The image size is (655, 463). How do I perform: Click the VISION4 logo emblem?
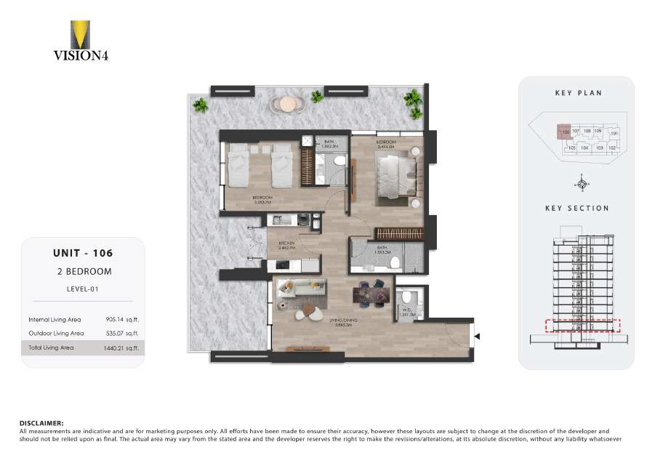80,34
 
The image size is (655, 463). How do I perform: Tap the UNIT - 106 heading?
82,254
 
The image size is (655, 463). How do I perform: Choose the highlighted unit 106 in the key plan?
564,132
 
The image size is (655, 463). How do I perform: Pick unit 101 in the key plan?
614,133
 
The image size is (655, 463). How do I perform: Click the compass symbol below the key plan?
580,182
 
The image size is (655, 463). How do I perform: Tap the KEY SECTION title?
576,209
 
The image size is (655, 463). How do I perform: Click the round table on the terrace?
289,104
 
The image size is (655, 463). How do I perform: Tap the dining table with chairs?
371,294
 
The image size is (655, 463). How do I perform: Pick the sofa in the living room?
300,288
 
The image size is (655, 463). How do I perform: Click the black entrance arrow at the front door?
477,336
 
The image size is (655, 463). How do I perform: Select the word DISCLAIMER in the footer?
41,422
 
